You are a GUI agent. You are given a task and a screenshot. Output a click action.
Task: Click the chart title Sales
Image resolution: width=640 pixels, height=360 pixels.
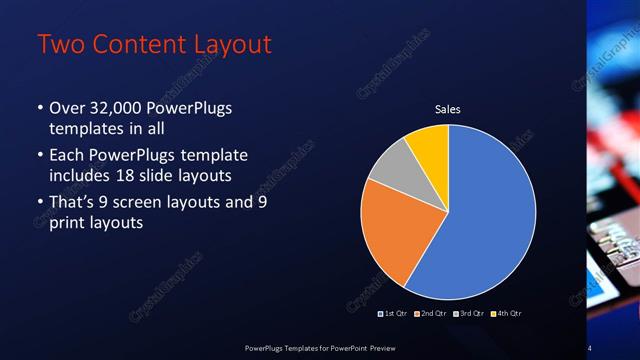(447, 110)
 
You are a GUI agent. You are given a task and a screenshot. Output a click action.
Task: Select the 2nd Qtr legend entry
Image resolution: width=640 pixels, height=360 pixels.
(432, 313)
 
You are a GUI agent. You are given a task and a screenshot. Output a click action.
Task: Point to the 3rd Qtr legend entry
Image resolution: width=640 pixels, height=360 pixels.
(469, 313)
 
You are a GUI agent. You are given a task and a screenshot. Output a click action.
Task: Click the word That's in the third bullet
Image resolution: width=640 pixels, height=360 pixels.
(73, 203)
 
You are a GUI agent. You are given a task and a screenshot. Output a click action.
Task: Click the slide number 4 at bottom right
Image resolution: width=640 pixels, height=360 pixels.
(590, 347)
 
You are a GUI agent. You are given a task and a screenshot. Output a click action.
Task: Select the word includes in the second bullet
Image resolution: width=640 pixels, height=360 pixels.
(83, 175)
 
